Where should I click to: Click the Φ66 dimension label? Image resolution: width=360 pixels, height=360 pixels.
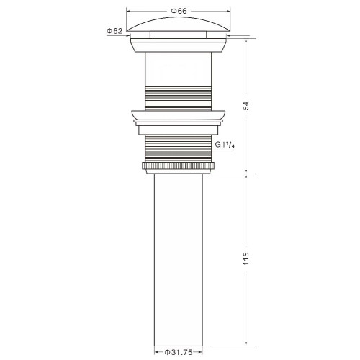[179, 11]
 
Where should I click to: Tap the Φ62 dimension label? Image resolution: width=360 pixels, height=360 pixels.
[114, 31]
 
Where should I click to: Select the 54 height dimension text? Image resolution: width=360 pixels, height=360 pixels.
[246, 106]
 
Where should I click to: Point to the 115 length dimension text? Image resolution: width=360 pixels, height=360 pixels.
[246, 258]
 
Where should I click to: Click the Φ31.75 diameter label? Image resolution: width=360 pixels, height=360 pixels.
[179, 352]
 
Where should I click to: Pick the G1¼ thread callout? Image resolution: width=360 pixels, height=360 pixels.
[225, 145]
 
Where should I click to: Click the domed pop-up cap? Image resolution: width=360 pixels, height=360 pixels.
[179, 24]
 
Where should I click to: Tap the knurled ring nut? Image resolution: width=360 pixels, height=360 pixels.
[178, 166]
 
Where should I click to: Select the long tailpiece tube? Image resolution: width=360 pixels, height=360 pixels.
[179, 260]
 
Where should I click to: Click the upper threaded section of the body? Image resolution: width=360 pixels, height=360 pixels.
[179, 99]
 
